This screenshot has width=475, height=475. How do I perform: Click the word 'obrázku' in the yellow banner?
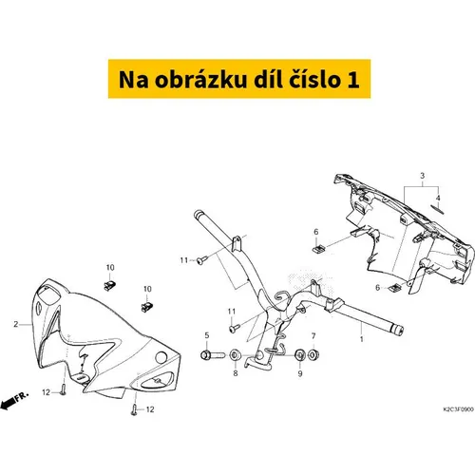200,80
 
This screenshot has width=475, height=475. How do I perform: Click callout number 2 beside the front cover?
16,324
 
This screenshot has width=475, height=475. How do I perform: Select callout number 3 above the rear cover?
422,176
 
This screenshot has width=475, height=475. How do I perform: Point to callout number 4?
438,198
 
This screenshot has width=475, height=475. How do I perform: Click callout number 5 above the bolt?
207,335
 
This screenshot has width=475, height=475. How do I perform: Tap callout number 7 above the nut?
313,335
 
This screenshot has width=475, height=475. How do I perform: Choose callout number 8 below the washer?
236,373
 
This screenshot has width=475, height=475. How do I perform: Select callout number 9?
300,373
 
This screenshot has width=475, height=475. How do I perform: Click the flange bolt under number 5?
213,354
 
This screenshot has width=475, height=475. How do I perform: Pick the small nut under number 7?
313,354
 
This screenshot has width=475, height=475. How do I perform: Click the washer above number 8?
236,354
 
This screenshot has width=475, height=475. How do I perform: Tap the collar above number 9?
299,355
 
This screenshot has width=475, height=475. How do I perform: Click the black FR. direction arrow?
8,404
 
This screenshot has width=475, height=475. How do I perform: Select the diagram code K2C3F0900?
458,409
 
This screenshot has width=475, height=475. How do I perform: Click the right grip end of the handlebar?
397,331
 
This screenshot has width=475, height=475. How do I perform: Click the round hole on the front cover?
161,357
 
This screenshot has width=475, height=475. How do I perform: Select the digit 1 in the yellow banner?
353,80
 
